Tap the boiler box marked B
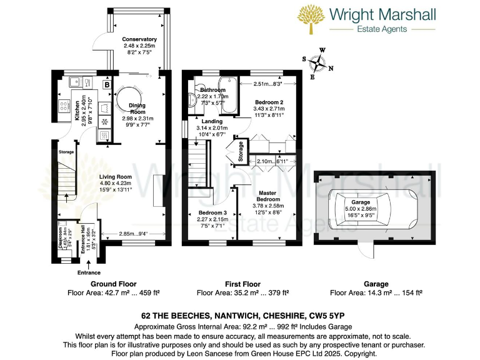pyautogui.click(x=107, y=84)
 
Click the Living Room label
pyautogui.click(x=115, y=177)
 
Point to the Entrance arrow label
pyautogui.click(x=89, y=272)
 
